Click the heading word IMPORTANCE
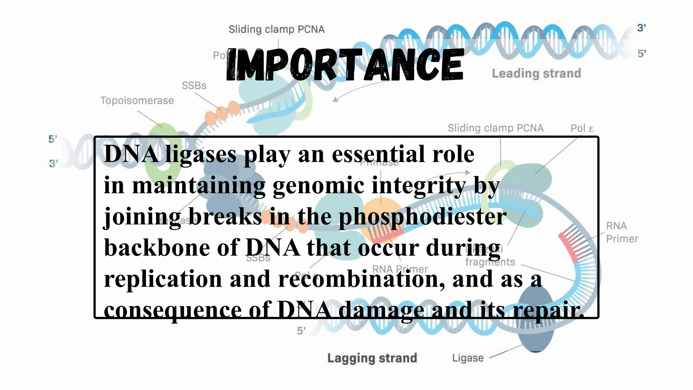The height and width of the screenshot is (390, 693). point(344,64)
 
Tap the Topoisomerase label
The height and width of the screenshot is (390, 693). point(137,101)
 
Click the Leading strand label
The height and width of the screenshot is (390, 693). point(536,73)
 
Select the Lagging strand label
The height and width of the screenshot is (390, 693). point(372,358)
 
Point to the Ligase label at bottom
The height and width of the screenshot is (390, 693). point(468,358)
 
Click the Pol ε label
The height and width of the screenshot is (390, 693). point(582,128)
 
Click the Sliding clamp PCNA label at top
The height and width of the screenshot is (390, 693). point(276,29)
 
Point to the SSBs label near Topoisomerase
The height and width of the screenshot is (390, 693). point(194,85)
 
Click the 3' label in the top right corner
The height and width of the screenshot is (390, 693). point(642,28)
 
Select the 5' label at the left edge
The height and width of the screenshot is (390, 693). point(53,139)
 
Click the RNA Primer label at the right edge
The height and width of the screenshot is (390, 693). point(622,232)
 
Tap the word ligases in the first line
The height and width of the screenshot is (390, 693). point(201,154)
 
